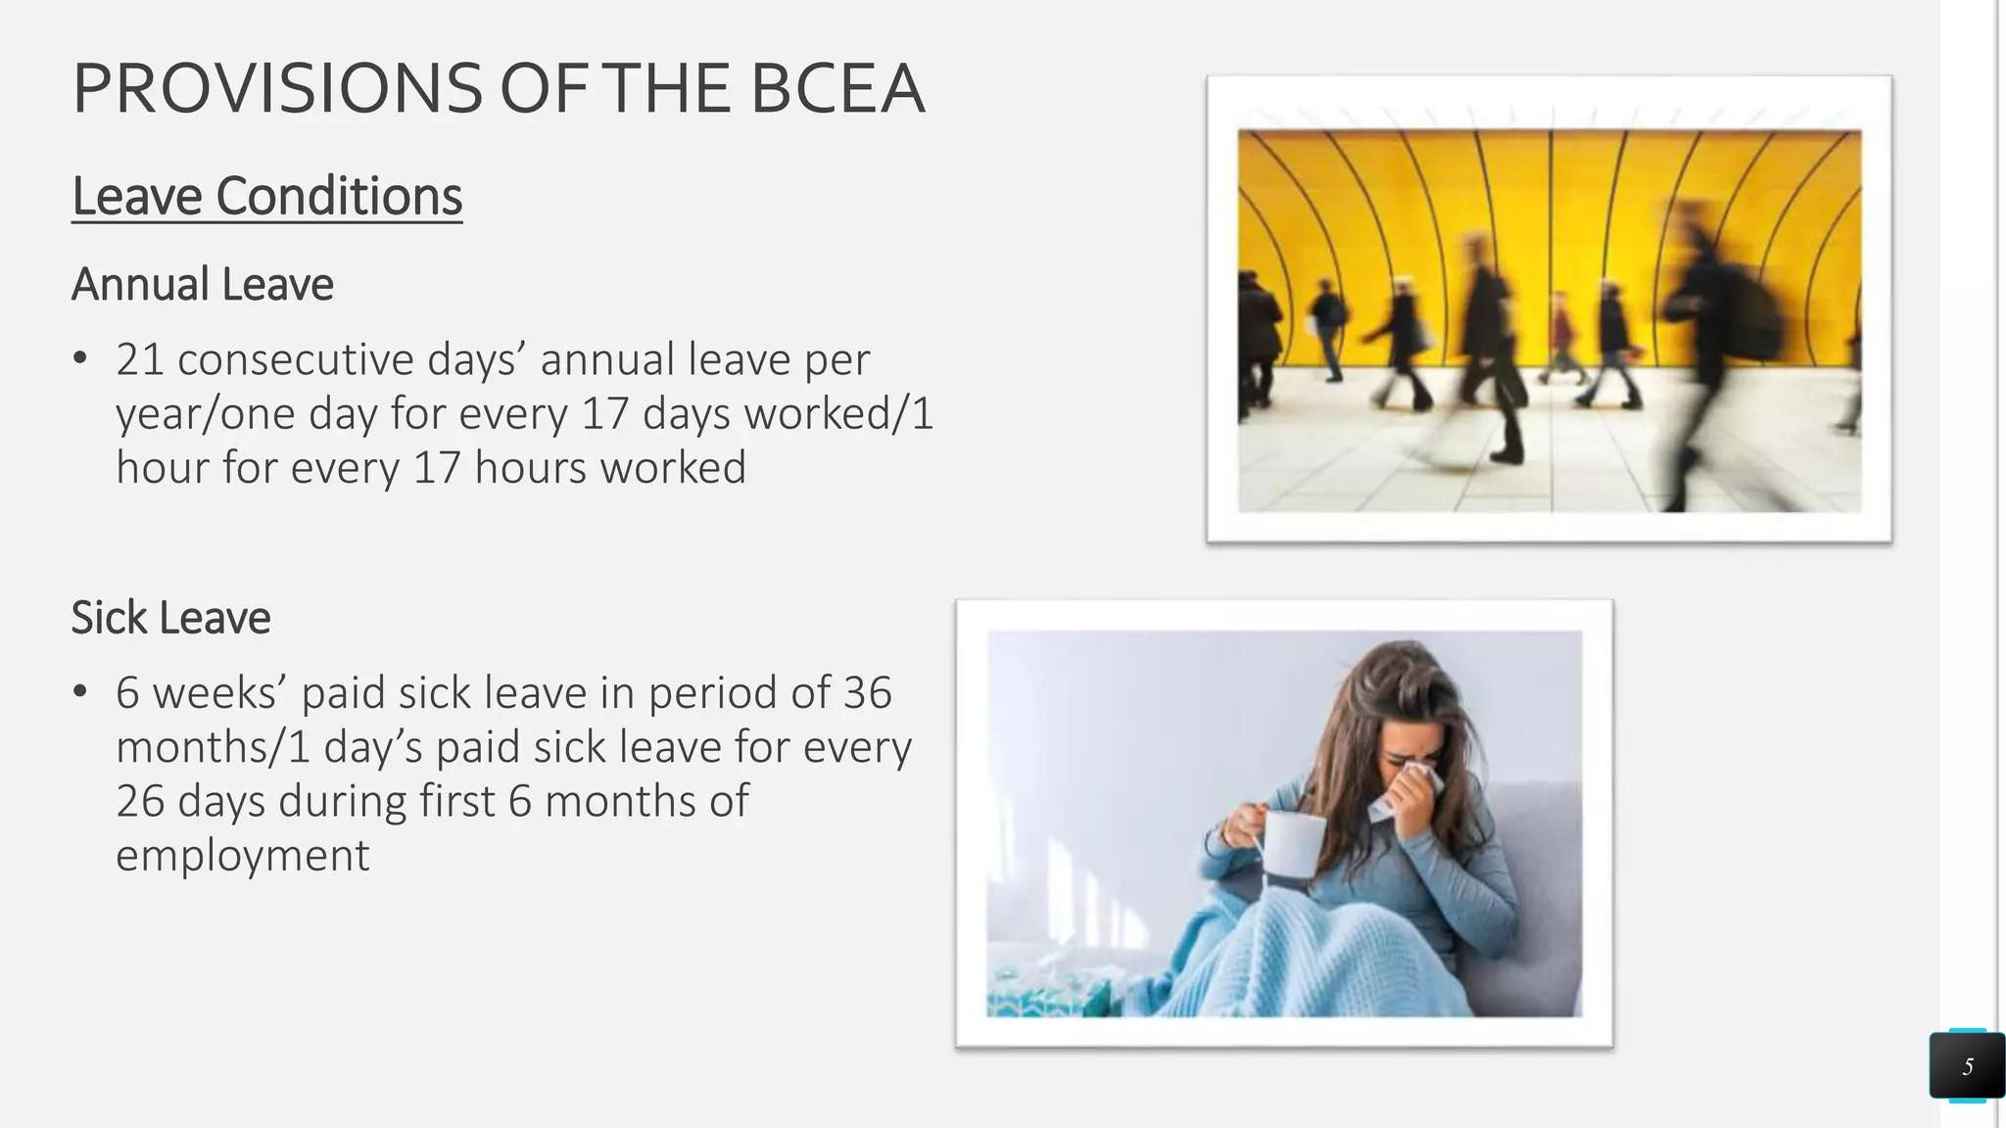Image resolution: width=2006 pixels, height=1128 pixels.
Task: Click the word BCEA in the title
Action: (836, 88)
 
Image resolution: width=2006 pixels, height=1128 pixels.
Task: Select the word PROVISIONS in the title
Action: (277, 88)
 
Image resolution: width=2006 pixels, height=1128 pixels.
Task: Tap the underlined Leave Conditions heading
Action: (266, 196)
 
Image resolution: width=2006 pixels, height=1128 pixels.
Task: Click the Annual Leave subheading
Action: (203, 284)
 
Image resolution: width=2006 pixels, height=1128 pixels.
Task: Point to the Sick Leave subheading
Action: (170, 618)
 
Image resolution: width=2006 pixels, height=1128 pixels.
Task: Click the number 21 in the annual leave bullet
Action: (140, 359)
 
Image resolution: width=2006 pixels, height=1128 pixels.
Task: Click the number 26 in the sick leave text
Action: (140, 801)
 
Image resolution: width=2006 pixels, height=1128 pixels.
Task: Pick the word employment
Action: (243, 855)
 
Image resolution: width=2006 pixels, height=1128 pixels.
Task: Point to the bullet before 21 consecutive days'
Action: (80, 359)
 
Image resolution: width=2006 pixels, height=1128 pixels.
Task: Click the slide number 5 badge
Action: (1967, 1066)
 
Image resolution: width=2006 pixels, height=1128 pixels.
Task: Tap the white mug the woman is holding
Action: (1293, 843)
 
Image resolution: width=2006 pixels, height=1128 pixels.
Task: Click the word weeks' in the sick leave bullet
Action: (219, 693)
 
